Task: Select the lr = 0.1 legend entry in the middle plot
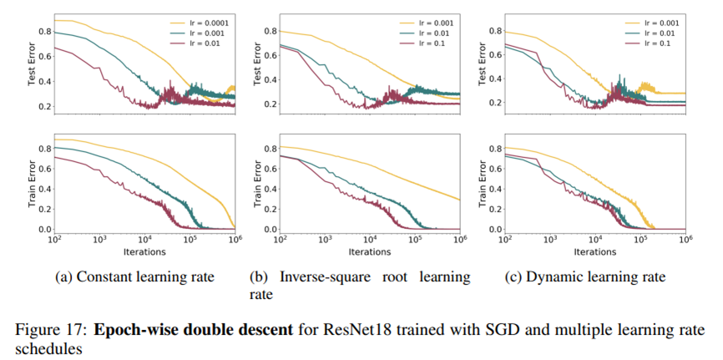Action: click(434, 43)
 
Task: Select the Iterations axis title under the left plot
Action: click(144, 251)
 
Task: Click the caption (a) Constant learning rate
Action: click(134, 277)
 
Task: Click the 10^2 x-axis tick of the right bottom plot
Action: click(504, 240)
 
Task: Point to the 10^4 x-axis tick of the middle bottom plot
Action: click(371, 240)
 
